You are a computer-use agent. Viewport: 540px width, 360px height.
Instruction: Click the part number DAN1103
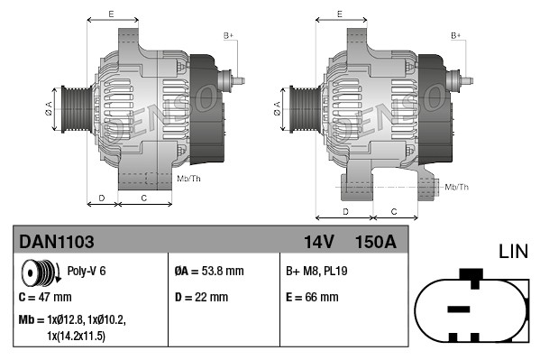56,242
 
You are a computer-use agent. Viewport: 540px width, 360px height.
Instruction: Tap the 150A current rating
376,242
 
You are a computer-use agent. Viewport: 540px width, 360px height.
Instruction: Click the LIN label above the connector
513,251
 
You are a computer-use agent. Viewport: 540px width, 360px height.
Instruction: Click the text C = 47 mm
45,296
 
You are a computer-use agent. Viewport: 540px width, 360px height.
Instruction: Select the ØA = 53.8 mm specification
208,270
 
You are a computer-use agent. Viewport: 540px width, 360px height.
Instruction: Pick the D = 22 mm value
203,296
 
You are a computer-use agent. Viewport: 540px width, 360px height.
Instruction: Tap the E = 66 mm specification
312,296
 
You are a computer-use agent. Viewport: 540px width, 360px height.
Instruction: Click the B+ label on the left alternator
228,35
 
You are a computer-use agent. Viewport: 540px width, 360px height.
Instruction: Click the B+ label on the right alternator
455,35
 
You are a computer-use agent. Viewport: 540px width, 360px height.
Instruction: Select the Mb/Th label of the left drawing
189,179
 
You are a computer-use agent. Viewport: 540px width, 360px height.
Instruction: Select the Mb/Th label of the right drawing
456,187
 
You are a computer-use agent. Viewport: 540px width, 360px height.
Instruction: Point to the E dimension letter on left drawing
111,14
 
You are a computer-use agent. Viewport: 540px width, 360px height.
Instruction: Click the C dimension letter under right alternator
394,211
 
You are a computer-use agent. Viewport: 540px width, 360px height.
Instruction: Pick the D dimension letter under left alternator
102,197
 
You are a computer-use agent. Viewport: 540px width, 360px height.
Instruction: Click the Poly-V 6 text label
87,271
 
